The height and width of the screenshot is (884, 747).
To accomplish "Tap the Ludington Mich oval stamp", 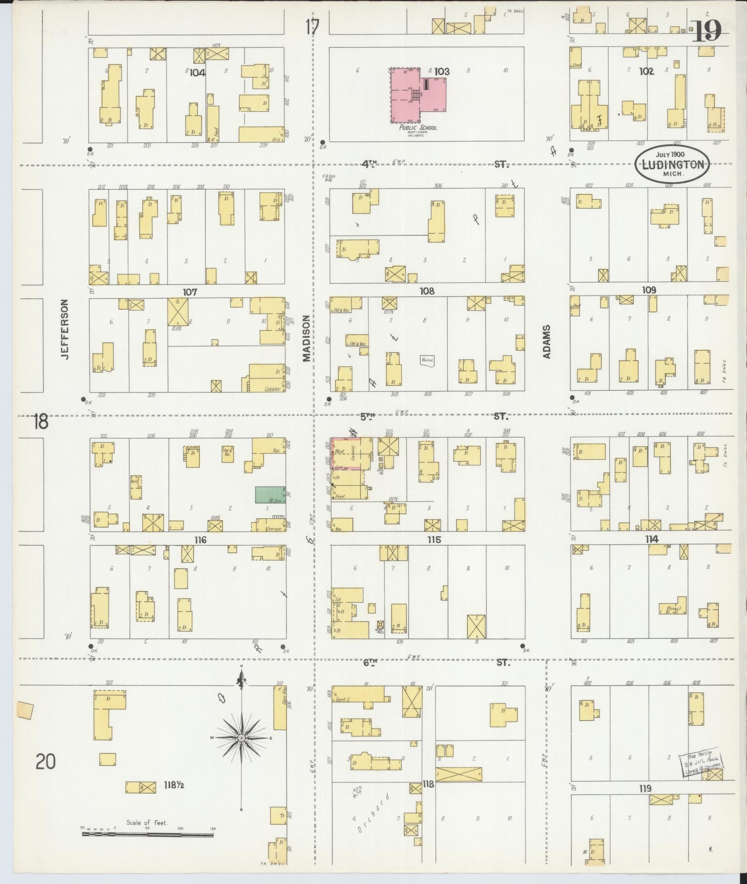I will [x=672, y=165].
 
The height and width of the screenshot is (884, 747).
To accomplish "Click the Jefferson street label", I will [x=64, y=329].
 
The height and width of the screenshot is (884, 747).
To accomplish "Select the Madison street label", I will [x=307, y=339].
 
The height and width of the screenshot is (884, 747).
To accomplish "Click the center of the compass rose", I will [x=241, y=738].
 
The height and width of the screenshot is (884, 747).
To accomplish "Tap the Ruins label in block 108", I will [x=427, y=361].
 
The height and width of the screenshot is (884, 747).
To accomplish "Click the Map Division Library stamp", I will [x=703, y=764].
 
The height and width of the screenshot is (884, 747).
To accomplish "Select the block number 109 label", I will [x=649, y=290].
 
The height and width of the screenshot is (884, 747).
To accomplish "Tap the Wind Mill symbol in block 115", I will [x=380, y=626].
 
